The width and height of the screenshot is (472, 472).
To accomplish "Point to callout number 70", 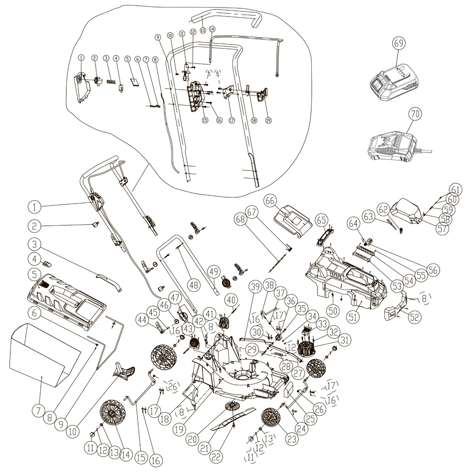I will [415, 114].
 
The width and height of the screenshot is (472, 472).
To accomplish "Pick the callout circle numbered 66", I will [271, 201].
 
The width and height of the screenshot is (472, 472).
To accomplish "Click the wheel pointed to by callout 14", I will [112, 416].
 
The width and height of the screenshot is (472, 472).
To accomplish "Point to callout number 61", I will [456, 190].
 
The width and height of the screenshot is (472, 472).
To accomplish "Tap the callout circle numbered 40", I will [232, 300].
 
